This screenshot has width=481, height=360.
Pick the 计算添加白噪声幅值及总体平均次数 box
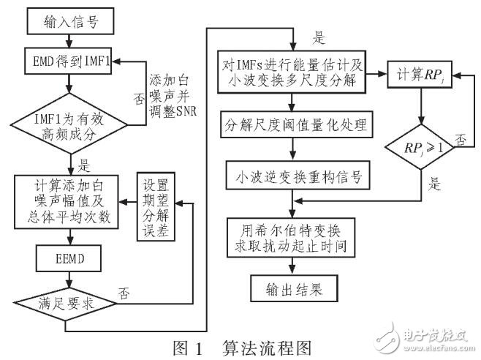pyautogui.click(x=69, y=195)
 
